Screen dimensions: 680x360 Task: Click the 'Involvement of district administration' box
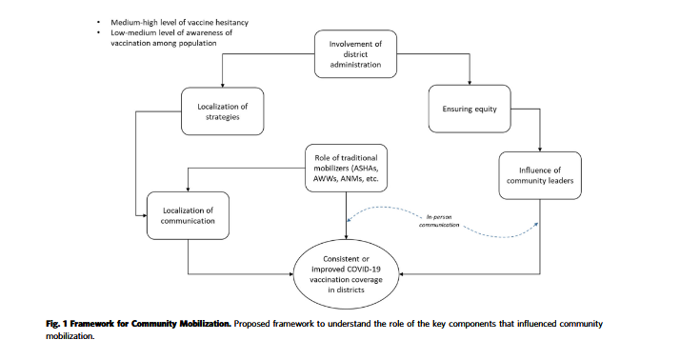pyautogui.click(x=355, y=54)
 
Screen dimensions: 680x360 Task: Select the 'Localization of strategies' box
pyautogui.click(x=223, y=111)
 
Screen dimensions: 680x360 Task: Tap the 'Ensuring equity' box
pyautogui.click(x=470, y=109)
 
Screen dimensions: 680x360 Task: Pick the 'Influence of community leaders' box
pyautogui.click(x=540, y=175)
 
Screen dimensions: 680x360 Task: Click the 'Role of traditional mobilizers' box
pyautogui.click(x=346, y=168)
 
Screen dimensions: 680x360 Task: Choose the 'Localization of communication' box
pyautogui.click(x=188, y=215)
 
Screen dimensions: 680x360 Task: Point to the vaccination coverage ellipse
pyautogui.click(x=346, y=274)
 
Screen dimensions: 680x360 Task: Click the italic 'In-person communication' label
pyautogui.click(x=439, y=221)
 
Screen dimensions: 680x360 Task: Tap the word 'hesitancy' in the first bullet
pyautogui.click(x=232, y=22)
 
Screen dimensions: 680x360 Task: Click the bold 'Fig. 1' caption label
pyautogui.click(x=56, y=324)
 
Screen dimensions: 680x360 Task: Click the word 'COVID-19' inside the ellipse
pyautogui.click(x=364, y=270)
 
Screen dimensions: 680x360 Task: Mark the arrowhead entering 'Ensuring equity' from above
pyautogui.click(x=470, y=83)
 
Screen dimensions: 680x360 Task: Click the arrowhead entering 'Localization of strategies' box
pyautogui.click(x=223, y=85)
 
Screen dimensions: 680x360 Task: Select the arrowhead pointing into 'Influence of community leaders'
pyautogui.click(x=540, y=150)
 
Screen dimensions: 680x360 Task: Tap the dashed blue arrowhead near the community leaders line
pyautogui.click(x=536, y=225)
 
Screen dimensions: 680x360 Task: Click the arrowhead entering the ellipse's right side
pyautogui.click(x=401, y=274)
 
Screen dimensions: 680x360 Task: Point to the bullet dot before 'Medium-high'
pyautogui.click(x=99, y=22)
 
